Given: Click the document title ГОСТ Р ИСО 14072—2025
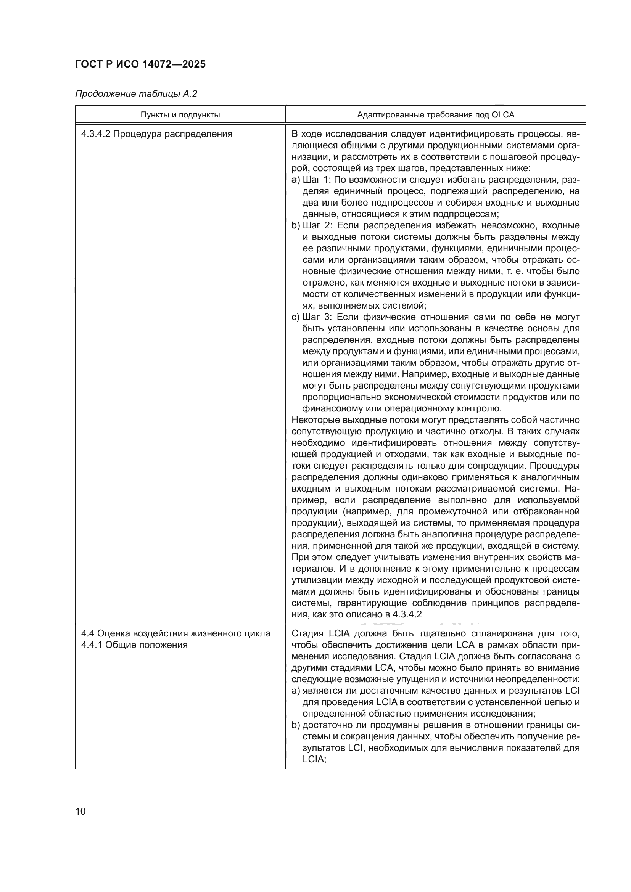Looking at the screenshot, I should [140, 64].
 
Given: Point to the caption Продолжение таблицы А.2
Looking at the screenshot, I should [136, 94].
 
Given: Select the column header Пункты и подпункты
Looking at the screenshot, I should [180, 115].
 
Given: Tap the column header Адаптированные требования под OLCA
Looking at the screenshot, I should [436, 115].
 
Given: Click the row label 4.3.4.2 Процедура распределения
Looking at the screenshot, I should [156, 134].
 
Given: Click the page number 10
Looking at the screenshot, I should [80, 812].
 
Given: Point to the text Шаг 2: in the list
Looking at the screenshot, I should [316, 226].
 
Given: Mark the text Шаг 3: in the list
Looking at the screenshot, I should [316, 317].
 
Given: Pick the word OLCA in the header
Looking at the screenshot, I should [503, 115].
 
